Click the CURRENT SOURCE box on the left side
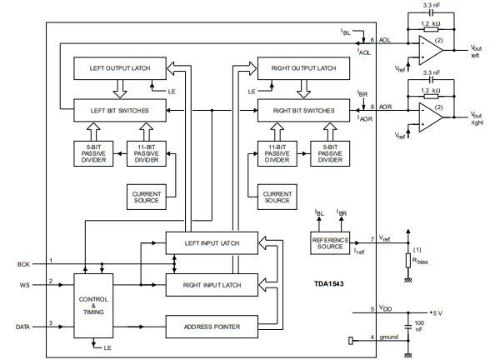146,197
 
